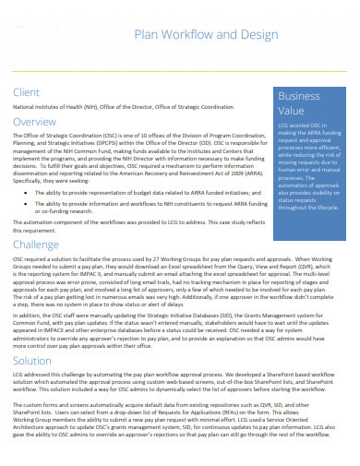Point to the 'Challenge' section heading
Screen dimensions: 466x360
[40, 244]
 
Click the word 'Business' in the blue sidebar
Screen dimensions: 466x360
[299, 97]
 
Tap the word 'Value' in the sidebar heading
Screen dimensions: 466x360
[292, 111]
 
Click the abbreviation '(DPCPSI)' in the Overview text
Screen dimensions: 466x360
[110, 144]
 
